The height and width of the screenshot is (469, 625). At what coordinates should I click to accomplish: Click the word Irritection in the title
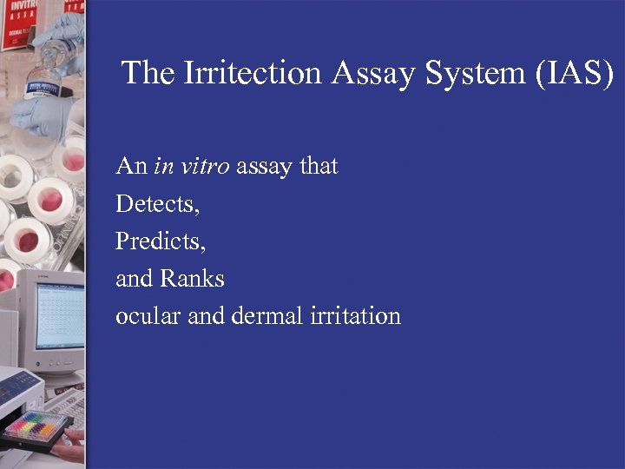(253, 73)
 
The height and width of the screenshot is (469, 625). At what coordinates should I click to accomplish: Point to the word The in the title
(148, 73)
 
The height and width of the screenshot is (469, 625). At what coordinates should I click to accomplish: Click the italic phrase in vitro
(192, 165)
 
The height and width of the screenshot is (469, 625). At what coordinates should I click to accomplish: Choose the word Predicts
(161, 241)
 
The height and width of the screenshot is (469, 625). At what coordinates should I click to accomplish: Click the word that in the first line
(319, 165)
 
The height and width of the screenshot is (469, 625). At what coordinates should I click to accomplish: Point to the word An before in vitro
(131, 165)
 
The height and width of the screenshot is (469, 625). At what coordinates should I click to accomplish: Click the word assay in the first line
(265, 165)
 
